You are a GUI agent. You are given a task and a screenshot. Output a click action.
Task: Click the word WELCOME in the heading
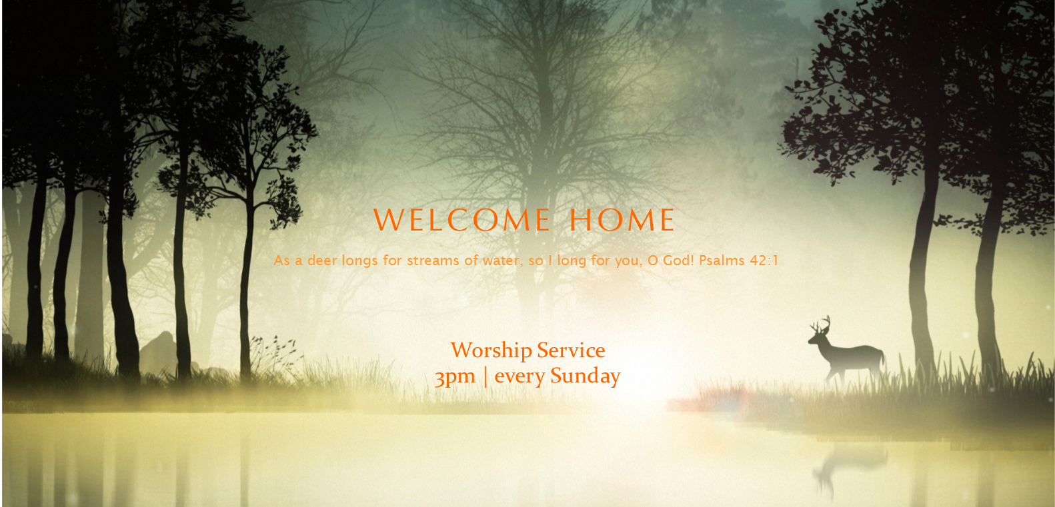[x=461, y=220]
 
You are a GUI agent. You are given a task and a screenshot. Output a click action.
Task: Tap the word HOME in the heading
[x=623, y=220]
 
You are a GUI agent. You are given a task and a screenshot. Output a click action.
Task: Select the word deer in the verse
[x=322, y=260]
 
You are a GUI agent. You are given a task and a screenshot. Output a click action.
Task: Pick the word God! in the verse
[x=678, y=260]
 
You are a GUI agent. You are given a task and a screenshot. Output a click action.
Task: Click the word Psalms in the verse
[x=722, y=260]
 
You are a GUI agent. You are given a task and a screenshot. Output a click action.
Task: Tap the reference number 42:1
[x=764, y=260]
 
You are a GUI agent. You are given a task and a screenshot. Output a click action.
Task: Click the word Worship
[x=491, y=351]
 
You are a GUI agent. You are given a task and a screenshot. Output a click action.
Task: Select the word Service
[x=571, y=350]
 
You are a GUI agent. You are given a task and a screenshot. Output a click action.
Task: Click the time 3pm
[x=455, y=377]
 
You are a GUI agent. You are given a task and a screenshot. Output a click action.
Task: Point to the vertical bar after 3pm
[x=485, y=376]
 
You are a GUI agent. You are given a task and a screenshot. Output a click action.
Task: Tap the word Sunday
[x=586, y=376]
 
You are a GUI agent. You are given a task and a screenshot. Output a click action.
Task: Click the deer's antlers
[x=820, y=324]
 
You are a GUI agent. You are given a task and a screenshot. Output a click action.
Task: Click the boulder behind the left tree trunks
[x=159, y=352]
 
